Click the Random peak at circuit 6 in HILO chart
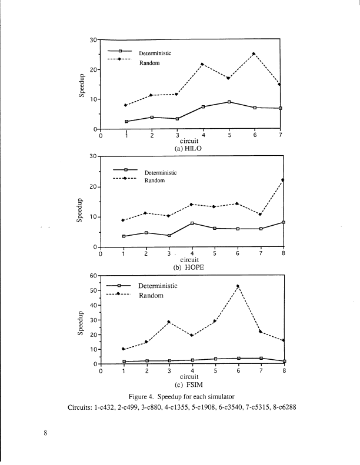[x=254, y=54]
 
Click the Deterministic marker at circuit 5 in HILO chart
[x=229, y=102]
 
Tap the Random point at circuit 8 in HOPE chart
[x=283, y=180]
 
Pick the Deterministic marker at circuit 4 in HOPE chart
[x=192, y=223]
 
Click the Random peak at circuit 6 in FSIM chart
[x=238, y=286]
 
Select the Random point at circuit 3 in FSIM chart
[x=169, y=322]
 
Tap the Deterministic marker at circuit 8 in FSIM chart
[x=284, y=361]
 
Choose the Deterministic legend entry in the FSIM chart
[x=158, y=286]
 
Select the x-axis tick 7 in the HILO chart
[x=281, y=136]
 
